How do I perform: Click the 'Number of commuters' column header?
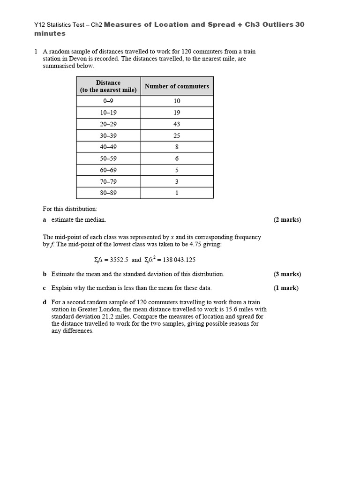click(177, 86)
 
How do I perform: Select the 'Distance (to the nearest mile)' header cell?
click(108, 86)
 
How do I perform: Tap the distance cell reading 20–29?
click(108, 124)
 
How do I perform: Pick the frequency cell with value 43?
click(177, 124)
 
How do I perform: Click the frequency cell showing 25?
click(177, 135)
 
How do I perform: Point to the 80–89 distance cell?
click(108, 193)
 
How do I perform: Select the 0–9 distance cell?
click(108, 101)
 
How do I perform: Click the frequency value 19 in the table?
click(177, 112)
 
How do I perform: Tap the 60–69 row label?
click(108, 170)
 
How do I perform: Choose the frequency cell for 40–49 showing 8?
click(177, 147)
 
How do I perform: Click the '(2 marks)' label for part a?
click(287, 220)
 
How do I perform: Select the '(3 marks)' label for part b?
click(287, 274)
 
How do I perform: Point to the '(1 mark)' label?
click(286, 288)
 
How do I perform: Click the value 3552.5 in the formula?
click(118, 260)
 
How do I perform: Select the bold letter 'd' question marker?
click(45, 302)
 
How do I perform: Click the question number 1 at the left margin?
click(36, 52)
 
